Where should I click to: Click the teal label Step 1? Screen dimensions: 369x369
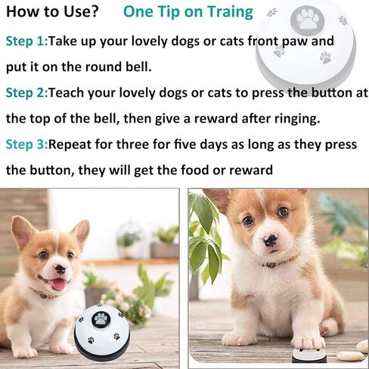26,42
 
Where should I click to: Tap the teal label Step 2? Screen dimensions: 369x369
26,93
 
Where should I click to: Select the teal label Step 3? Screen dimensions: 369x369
26,144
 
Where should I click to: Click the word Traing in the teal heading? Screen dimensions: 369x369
230,13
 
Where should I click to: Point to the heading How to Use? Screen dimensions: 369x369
52,11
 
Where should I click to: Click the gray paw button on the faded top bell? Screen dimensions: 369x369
307,19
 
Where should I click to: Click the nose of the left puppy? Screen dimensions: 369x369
60,269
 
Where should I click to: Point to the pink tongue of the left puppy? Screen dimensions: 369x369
59,285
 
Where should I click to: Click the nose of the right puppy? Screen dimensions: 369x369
270,240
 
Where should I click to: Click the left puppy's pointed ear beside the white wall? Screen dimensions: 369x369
81,233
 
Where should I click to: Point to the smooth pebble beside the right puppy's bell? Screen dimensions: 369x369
350,355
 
